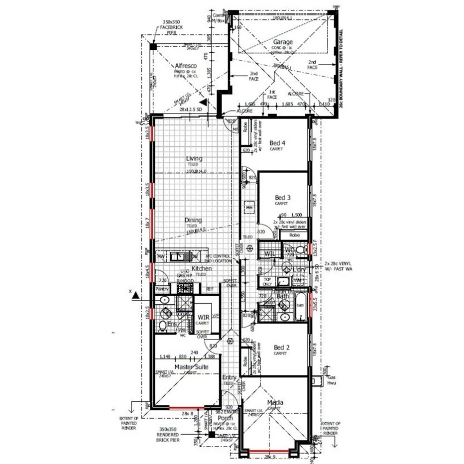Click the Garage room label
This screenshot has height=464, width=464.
[282, 42]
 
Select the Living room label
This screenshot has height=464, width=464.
[194, 159]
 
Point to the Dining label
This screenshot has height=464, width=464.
[193, 220]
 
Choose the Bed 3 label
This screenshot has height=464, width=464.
[283, 197]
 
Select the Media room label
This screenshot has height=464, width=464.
[275, 402]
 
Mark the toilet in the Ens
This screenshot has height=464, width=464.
[162, 326]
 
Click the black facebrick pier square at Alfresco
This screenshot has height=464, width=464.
[153, 46]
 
